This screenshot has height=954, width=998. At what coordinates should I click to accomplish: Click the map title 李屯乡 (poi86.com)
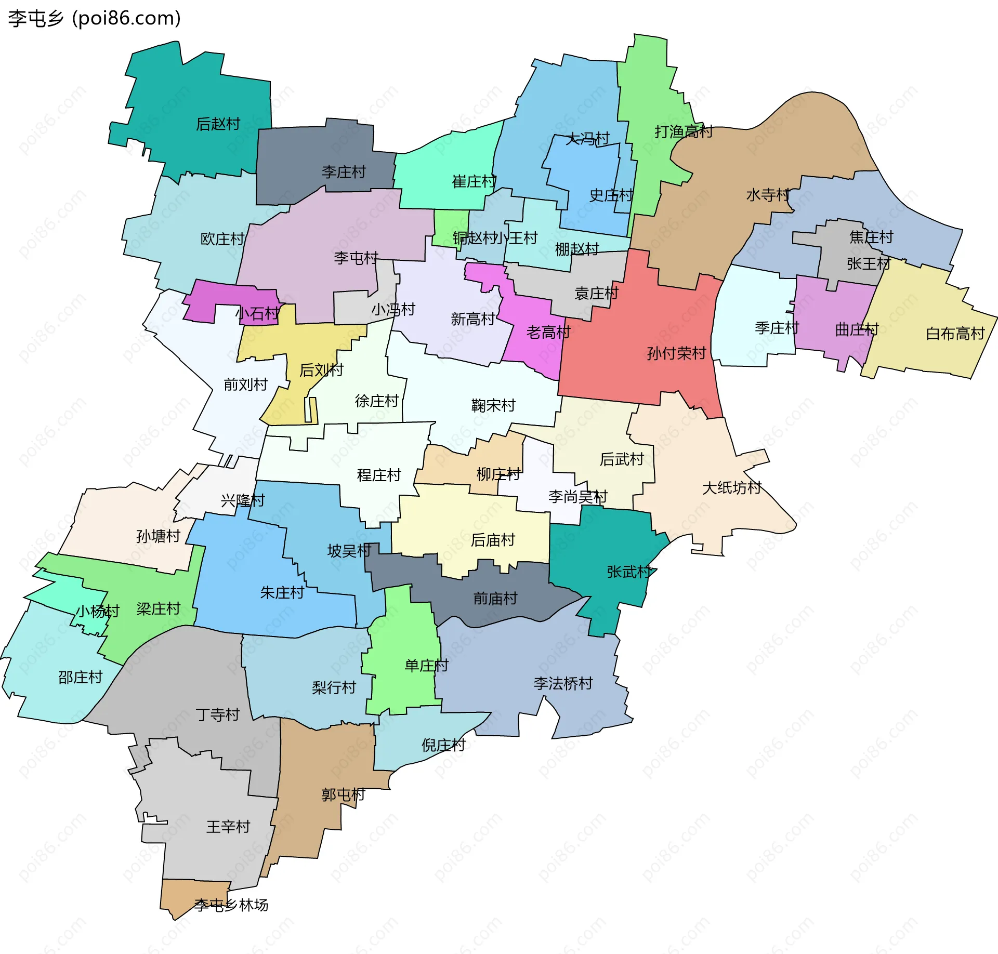tap(95, 18)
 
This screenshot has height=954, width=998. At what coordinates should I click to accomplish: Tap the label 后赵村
tap(218, 124)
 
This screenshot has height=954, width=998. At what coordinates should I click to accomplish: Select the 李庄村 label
tap(344, 172)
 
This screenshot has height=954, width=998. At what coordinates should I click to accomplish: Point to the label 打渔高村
tap(683, 132)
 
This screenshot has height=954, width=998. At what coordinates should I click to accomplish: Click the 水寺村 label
tap(768, 195)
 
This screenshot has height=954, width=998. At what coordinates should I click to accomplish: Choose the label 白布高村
tap(955, 334)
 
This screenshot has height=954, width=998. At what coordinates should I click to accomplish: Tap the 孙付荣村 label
tap(676, 354)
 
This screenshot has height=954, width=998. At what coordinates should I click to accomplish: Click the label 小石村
tap(257, 314)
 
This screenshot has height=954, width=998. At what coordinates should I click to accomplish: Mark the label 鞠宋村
tap(493, 405)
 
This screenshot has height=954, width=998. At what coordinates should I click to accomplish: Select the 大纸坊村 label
tap(731, 488)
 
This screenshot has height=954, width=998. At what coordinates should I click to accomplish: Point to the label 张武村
tap(629, 572)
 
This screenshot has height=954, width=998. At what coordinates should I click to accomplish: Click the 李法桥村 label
tap(563, 683)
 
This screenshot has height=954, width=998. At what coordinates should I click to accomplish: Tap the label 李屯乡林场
tap(231, 905)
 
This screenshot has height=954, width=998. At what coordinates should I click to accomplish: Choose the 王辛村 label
tap(228, 827)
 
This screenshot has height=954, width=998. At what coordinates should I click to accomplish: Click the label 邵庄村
tap(81, 678)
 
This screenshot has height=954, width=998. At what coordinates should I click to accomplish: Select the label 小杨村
tap(98, 612)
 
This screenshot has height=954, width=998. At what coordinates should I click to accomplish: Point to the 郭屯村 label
tap(343, 795)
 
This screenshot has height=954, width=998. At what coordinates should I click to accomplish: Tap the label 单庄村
tap(426, 666)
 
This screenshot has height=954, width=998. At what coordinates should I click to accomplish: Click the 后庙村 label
tap(492, 540)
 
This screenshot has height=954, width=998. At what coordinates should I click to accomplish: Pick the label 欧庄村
tap(222, 239)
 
